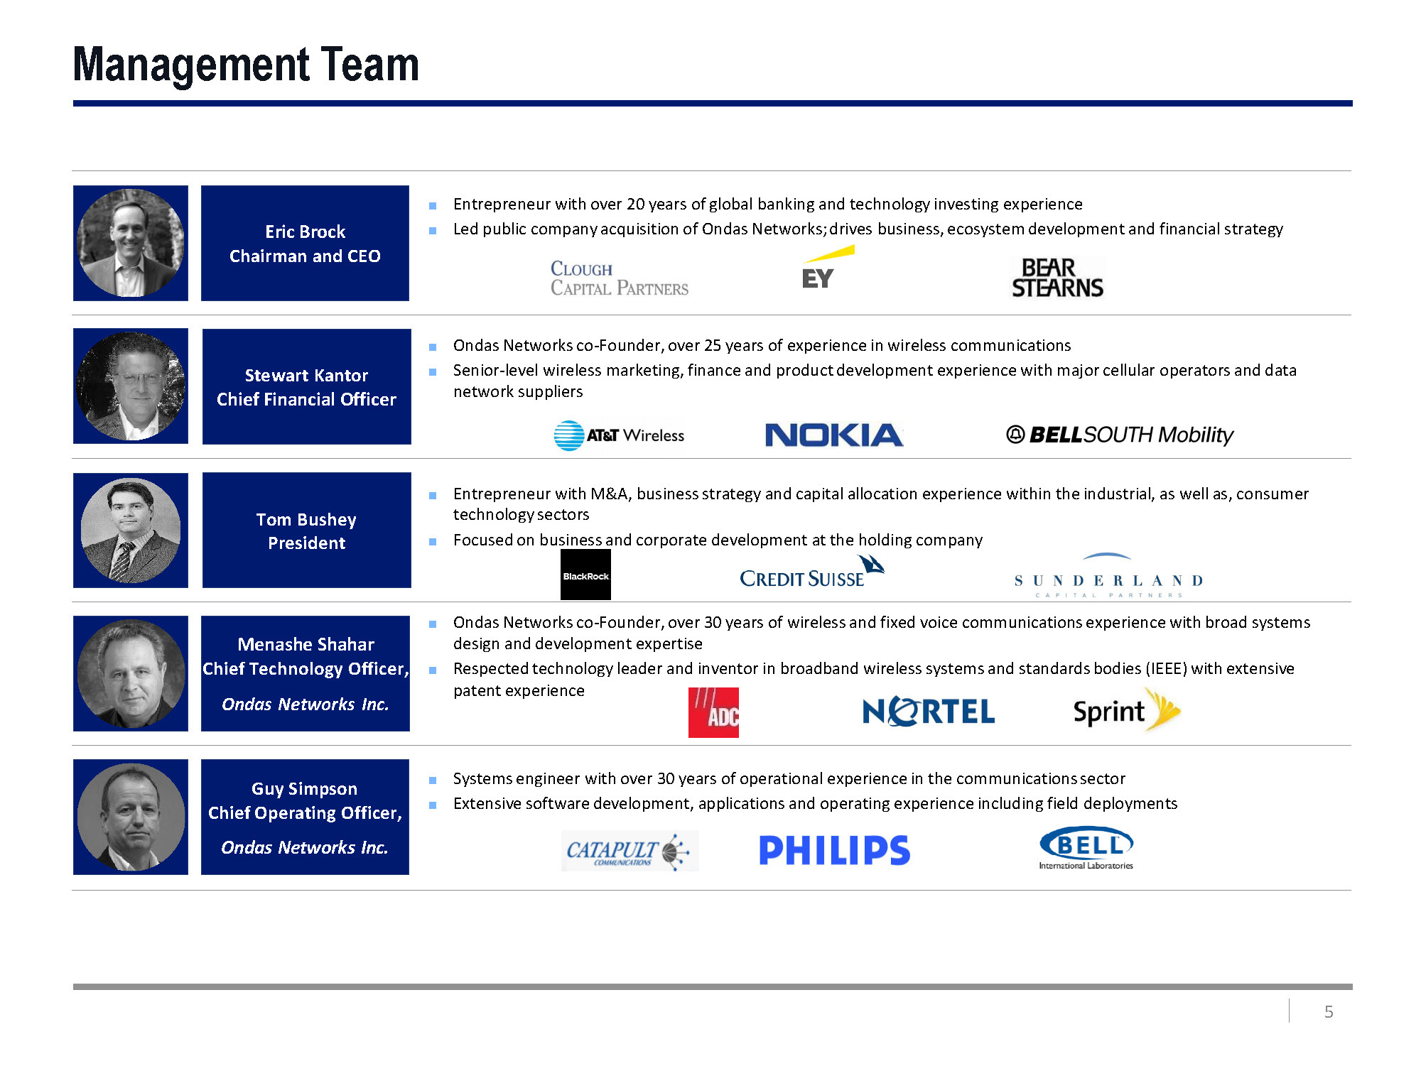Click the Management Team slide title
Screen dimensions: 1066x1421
246,65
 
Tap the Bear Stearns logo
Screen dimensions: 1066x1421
1057,278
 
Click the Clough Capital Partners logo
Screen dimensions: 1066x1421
619,278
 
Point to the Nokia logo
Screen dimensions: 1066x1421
833,435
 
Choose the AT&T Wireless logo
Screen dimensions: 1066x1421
619,435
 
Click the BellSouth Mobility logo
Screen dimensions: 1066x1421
1120,435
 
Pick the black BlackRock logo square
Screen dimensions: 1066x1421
585,575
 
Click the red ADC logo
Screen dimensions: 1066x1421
713,712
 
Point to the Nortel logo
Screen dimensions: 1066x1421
928,712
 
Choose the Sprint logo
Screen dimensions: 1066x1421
1125,710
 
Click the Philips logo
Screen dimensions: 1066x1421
834,850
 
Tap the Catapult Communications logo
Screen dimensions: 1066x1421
630,850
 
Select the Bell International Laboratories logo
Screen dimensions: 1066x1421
1086,847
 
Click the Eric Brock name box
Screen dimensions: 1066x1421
305,243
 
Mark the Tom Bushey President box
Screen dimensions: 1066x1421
306,530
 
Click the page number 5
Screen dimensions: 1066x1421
1328,1011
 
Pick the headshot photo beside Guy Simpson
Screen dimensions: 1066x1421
131,817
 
